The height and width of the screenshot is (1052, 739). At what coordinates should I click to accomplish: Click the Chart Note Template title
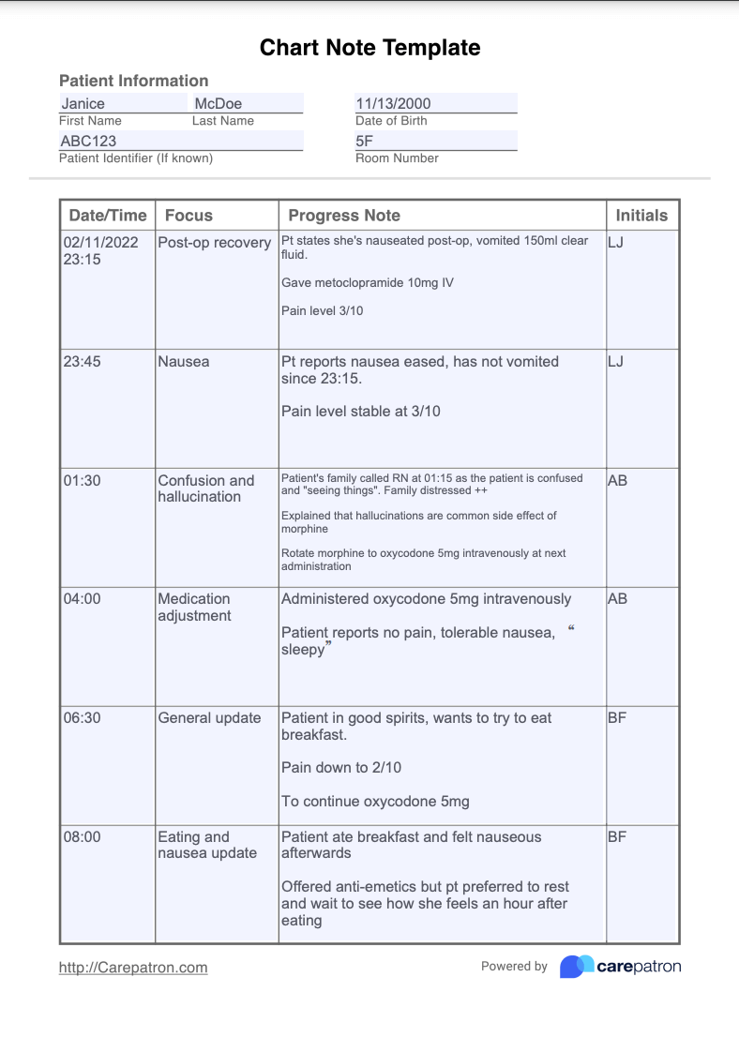[369, 48]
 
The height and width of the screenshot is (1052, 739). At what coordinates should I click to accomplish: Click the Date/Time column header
[107, 216]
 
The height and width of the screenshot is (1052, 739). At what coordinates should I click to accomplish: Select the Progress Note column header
[343, 216]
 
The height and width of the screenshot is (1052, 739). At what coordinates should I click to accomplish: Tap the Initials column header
[641, 216]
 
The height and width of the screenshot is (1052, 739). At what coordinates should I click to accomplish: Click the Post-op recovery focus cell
[214, 243]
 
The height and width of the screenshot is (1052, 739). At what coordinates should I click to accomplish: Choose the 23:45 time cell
[83, 361]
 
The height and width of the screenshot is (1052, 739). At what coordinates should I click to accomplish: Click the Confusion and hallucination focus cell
[205, 488]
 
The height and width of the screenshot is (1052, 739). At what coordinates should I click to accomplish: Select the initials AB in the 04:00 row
[617, 599]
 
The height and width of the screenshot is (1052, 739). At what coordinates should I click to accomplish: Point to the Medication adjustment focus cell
[194, 608]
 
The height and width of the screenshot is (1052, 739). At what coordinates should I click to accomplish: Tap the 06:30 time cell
[83, 718]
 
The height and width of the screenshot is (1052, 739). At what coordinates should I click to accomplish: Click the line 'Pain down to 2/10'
[341, 768]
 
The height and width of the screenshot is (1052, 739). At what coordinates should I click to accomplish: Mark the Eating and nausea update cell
[206, 845]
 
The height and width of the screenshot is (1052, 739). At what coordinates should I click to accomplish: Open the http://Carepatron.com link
[133, 968]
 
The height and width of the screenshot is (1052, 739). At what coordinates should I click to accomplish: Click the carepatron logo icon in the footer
[577, 967]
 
